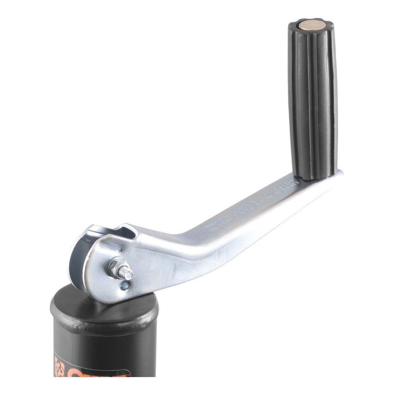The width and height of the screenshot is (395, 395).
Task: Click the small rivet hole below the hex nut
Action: pos(125,285)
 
